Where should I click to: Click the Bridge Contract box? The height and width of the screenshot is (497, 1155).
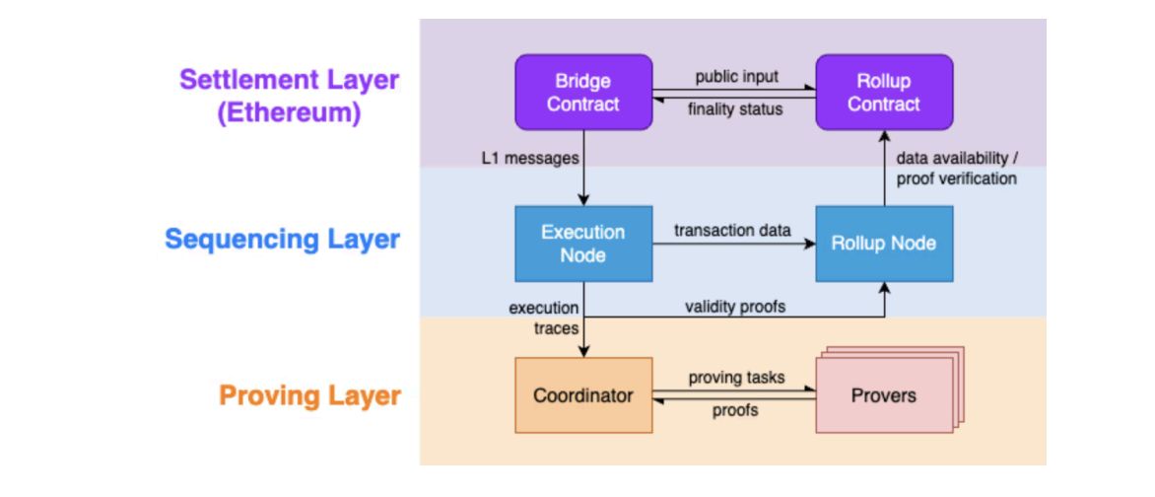point(583,92)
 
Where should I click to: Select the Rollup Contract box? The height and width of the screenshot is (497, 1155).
point(884,92)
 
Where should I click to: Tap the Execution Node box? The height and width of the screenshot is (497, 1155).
point(583,244)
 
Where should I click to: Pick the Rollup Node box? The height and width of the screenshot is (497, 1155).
point(884,244)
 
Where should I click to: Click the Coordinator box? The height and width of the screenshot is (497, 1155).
point(583,395)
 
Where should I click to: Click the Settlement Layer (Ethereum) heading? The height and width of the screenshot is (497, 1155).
point(290,97)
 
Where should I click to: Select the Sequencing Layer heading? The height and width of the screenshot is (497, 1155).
point(282,240)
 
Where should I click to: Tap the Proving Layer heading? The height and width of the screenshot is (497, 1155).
point(310,396)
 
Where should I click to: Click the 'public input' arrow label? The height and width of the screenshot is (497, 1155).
point(736,77)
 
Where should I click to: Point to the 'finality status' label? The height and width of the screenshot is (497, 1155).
point(735,109)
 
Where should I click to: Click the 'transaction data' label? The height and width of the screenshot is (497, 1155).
point(733,230)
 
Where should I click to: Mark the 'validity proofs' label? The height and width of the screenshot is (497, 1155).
point(735,306)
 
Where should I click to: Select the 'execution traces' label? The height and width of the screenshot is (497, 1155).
point(544,318)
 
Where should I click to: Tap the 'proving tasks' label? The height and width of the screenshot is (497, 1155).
point(736,378)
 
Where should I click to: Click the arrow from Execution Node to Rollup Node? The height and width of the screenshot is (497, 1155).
point(733,244)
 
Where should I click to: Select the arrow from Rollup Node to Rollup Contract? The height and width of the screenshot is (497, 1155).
point(884,168)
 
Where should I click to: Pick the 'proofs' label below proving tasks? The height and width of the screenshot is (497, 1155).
point(735,411)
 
